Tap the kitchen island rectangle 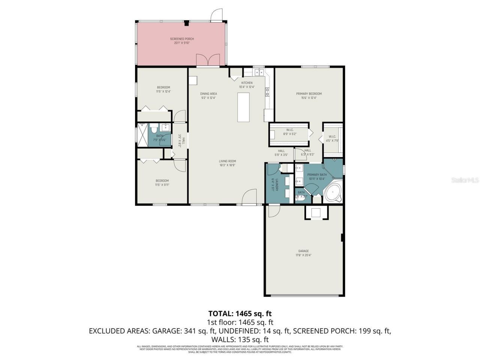(x=243, y=107)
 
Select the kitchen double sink (x=258, y=72)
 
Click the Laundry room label (x=274, y=184)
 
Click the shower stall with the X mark (x=143, y=135)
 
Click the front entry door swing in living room (x=249, y=197)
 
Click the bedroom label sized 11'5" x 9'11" (x=162, y=182)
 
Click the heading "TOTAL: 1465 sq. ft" (x=240, y=313)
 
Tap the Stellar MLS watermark (x=465, y=180)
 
